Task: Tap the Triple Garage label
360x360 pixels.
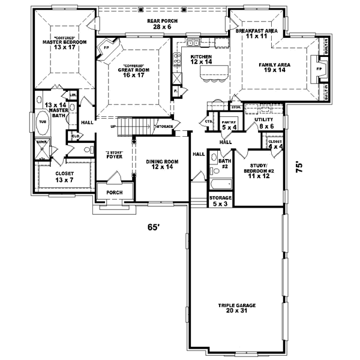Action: point(236,308)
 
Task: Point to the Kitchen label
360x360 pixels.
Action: point(201,58)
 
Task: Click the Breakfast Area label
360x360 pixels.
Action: point(256,33)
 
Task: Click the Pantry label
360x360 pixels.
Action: point(228,125)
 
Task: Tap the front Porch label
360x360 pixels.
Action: point(115,192)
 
